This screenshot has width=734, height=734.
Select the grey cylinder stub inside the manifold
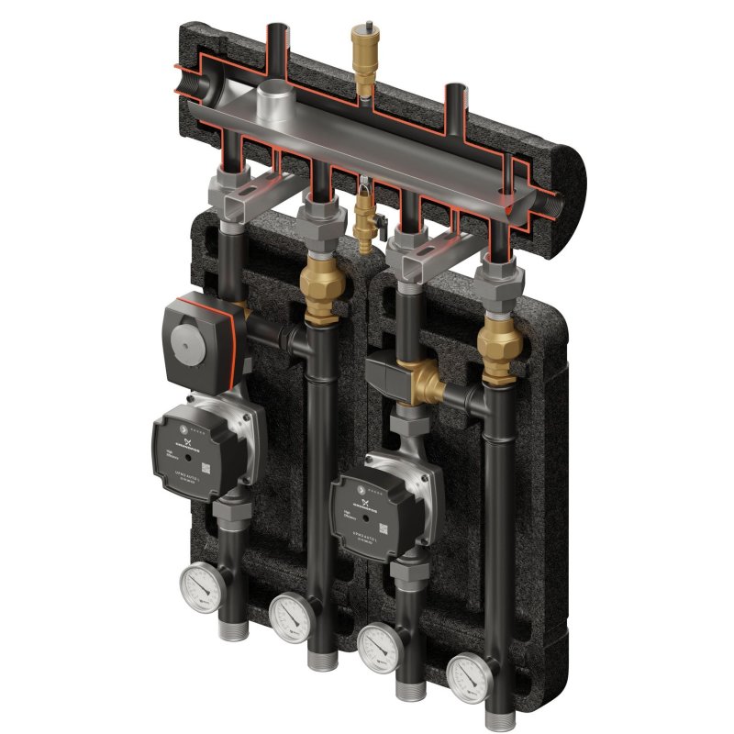(x=273, y=101)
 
